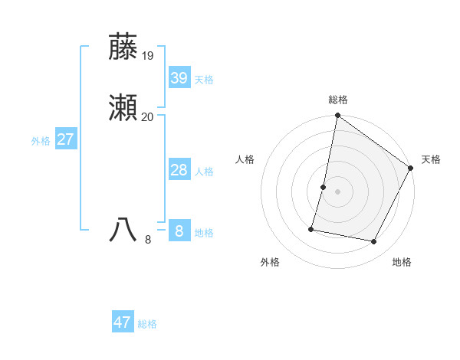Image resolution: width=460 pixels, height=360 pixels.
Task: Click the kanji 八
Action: click(124, 230)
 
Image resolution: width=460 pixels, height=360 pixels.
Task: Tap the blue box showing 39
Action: click(179, 78)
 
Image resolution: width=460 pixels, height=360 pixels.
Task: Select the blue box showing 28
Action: click(179, 170)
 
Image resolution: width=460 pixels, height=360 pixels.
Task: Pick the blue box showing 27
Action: click(66, 139)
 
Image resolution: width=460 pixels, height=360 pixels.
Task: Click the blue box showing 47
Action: click(123, 322)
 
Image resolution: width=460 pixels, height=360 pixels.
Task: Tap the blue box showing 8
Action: click(179, 231)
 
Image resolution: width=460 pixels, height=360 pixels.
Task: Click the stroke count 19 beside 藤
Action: click(148, 55)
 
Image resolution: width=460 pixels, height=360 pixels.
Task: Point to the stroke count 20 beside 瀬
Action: click(148, 116)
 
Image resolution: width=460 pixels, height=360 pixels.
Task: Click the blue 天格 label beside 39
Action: click(204, 80)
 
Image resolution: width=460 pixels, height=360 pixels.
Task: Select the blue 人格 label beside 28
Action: click(204, 172)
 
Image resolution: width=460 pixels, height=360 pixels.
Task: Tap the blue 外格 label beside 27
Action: click(41, 141)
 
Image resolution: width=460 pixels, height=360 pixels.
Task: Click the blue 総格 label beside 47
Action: click(147, 324)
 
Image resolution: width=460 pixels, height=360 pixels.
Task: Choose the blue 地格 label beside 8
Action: click(204, 233)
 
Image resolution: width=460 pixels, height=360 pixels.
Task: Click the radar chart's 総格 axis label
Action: click(338, 100)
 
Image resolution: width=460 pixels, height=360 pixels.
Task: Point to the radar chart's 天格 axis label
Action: click(431, 159)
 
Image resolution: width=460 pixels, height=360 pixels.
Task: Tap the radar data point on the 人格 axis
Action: click(324, 187)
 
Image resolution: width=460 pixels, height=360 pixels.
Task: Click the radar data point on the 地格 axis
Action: click(374, 241)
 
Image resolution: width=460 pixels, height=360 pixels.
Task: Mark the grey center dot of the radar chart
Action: click(337, 191)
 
